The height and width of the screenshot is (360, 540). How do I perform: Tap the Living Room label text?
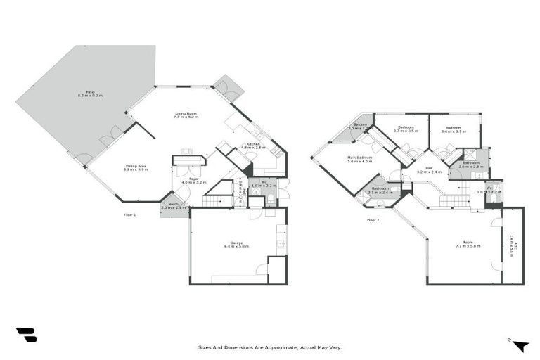(x=186, y=115)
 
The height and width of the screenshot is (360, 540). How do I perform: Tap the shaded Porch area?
(x=173, y=207)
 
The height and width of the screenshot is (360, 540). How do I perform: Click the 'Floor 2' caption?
(x=373, y=220)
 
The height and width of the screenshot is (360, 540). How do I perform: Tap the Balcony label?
(x=361, y=127)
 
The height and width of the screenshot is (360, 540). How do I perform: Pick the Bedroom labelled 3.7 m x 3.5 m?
(x=406, y=129)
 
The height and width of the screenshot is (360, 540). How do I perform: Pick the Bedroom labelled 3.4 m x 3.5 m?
(x=454, y=129)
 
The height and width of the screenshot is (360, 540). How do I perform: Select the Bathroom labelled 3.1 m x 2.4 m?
(x=380, y=190)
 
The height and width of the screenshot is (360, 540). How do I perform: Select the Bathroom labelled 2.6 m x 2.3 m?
(x=470, y=165)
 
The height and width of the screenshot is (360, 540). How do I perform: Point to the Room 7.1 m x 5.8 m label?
(x=468, y=245)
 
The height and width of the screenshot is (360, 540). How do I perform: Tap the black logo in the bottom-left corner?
(x=26, y=335)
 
